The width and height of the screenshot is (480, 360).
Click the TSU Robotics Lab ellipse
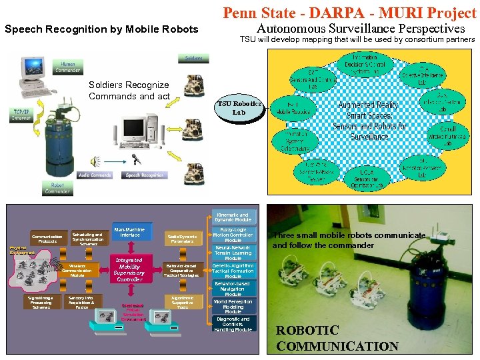point(239,109)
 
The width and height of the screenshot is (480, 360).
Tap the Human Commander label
point(67,67)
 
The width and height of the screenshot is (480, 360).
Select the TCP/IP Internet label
point(21,115)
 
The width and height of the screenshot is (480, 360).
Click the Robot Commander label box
point(57,187)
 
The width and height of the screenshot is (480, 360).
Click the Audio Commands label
point(95,175)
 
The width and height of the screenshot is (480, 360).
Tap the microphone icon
point(135,159)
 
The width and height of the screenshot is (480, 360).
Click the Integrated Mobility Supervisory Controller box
point(129,269)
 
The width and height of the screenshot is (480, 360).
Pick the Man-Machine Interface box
point(129,233)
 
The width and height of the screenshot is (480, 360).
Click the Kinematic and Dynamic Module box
point(233,217)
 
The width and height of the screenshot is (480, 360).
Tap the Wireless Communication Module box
point(77,269)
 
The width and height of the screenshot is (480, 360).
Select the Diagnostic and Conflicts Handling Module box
point(233,324)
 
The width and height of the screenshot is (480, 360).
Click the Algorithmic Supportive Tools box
point(182,302)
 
